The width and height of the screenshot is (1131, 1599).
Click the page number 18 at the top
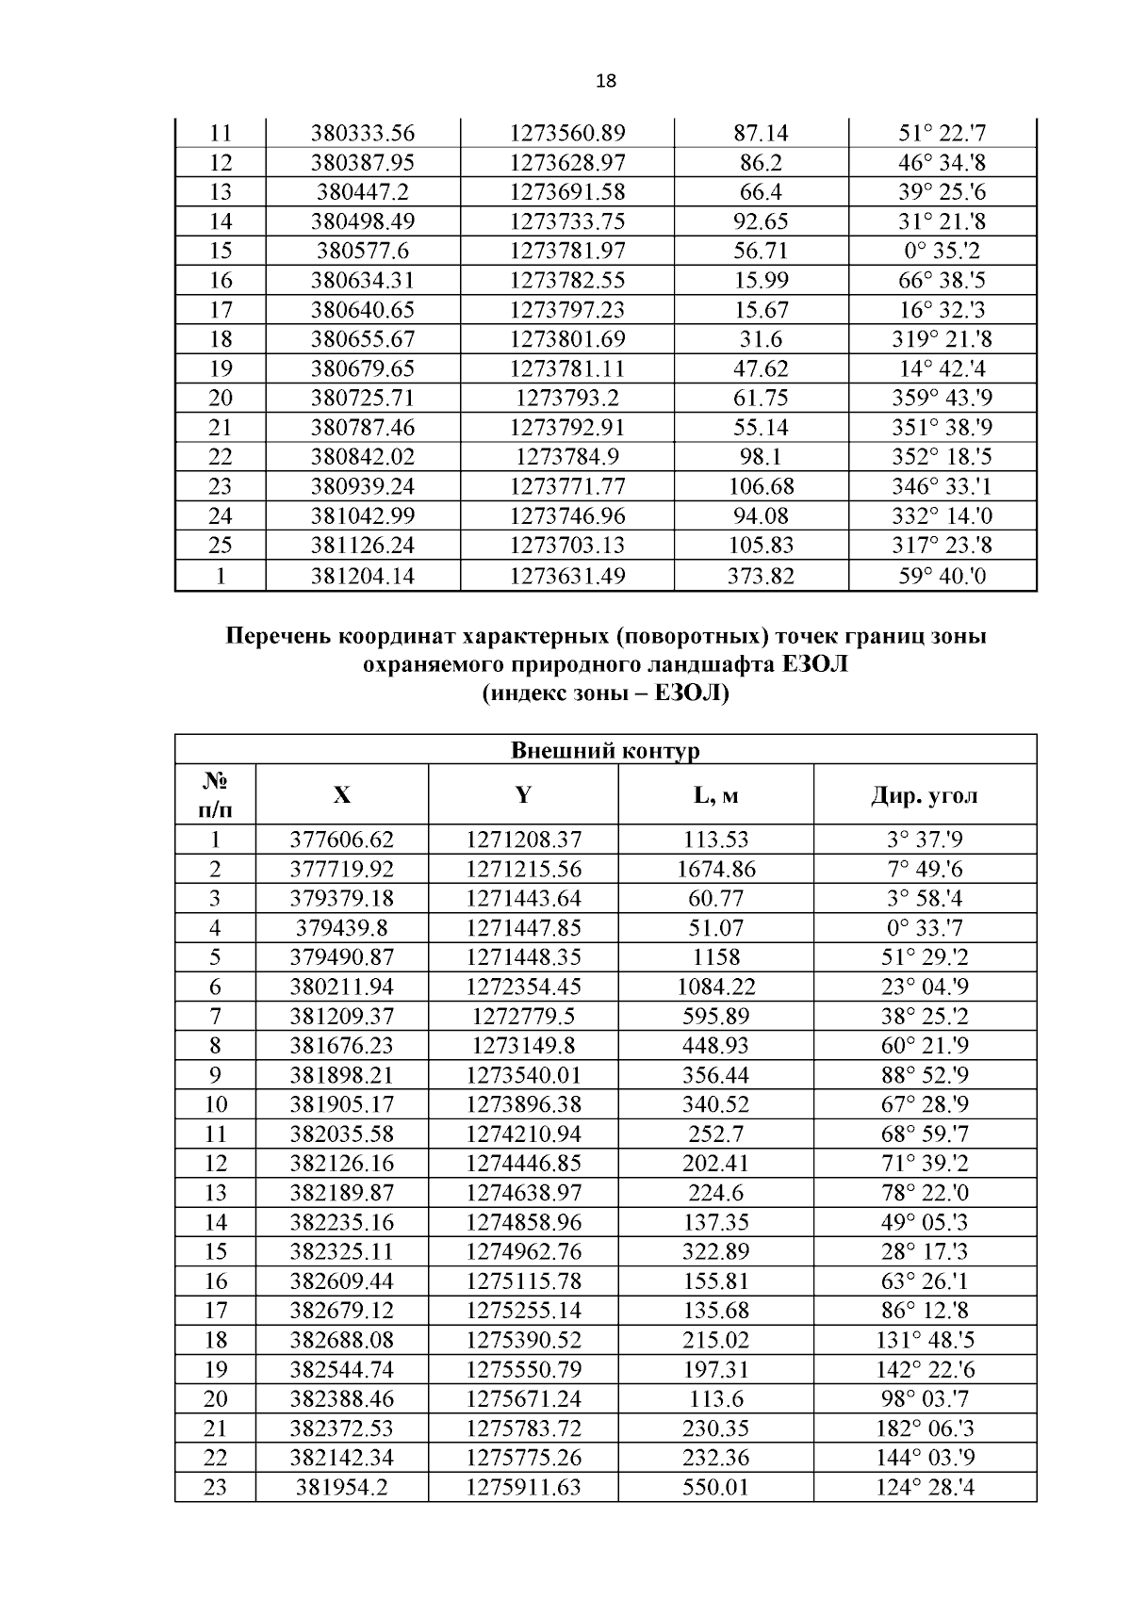pos(606,81)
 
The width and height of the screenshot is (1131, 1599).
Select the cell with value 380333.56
pos(363,134)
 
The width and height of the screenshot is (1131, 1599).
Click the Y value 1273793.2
pos(567,399)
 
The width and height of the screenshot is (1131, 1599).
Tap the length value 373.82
pos(761,576)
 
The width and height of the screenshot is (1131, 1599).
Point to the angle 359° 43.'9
pos(942,399)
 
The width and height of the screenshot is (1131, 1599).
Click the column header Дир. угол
pos(924,795)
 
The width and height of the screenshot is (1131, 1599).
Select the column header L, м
pos(715,795)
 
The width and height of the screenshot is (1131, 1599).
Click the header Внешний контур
pos(605,751)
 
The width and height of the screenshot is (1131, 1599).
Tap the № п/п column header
pos(215,794)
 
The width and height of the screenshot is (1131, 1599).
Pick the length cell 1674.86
pos(715,869)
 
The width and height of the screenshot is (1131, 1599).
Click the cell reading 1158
pos(715,957)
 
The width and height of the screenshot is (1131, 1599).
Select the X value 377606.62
pos(341,840)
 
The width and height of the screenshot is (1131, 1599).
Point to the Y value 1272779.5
pos(523,1017)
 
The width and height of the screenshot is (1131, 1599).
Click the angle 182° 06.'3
pos(925,1428)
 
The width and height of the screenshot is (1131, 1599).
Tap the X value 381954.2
pos(341,1488)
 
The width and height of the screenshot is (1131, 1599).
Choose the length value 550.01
pos(715,1488)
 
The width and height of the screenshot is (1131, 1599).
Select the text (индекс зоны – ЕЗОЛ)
pos(606,695)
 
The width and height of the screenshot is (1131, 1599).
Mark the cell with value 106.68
pos(761,487)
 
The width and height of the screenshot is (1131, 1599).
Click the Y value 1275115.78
pos(523,1281)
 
